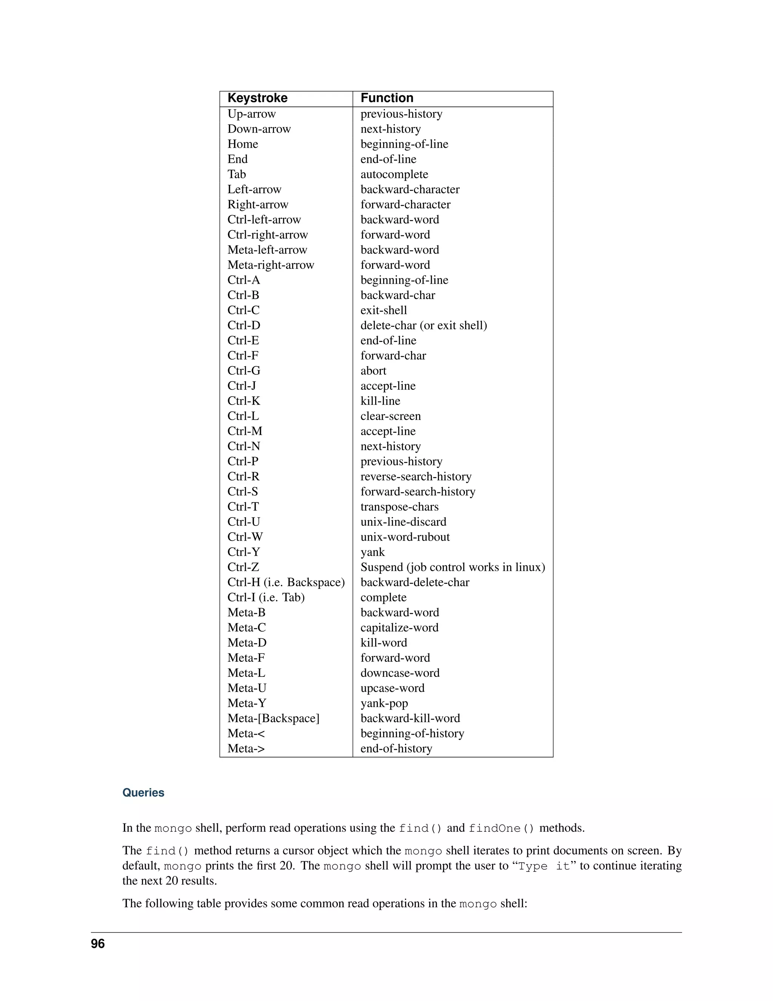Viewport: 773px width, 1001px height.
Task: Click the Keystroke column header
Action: click(257, 98)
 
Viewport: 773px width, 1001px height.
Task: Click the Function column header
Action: click(387, 98)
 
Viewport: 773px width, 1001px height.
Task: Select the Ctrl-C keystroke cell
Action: click(243, 310)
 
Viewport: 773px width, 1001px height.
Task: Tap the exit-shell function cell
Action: click(383, 310)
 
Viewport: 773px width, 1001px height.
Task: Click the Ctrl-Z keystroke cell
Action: click(243, 567)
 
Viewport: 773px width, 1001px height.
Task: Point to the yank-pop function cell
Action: click(384, 703)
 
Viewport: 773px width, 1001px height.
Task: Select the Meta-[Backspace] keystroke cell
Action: click(273, 718)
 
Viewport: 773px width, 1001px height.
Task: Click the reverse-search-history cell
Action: click(416, 477)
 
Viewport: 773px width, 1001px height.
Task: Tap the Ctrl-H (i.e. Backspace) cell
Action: click(286, 582)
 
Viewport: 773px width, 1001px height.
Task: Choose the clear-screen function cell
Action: click(390, 416)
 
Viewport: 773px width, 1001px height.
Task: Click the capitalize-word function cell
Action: click(399, 628)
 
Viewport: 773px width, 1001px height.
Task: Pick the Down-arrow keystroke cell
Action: click(259, 129)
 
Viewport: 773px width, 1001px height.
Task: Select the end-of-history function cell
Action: click(396, 748)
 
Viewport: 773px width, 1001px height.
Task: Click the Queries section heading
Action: click(143, 793)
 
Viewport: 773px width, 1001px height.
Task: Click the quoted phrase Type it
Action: click(544, 866)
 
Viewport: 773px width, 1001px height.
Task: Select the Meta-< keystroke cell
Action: click(246, 733)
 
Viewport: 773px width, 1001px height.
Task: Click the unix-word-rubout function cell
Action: click(405, 537)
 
